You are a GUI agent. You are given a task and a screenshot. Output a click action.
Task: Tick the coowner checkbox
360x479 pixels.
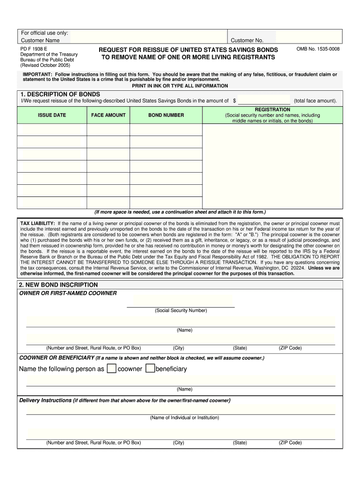111,369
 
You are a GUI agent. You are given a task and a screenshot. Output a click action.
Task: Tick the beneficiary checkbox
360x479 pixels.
150,369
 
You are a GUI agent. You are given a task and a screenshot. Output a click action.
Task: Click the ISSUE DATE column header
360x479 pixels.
52,115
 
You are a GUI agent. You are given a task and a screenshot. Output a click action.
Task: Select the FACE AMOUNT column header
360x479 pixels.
108,115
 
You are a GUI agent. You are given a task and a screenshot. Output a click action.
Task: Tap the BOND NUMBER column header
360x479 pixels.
166,115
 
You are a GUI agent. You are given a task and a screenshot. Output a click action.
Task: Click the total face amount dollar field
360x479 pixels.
264,101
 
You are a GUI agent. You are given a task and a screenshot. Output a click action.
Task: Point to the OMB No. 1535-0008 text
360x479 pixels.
318,49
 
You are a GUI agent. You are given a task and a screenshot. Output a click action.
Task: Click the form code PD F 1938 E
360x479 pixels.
33,49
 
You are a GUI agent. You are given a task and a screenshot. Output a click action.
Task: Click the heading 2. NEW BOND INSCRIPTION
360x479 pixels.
58,285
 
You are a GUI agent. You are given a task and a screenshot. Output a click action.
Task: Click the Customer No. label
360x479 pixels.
247,41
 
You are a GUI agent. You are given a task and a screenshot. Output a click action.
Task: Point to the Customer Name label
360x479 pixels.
40,41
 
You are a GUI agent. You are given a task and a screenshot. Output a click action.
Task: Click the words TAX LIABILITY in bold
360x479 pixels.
38,224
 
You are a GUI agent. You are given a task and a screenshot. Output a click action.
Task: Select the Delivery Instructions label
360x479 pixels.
45,400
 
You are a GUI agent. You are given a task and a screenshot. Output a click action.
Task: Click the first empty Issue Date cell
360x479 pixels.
52,130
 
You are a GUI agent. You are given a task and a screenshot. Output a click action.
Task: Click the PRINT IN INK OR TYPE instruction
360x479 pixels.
180,86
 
